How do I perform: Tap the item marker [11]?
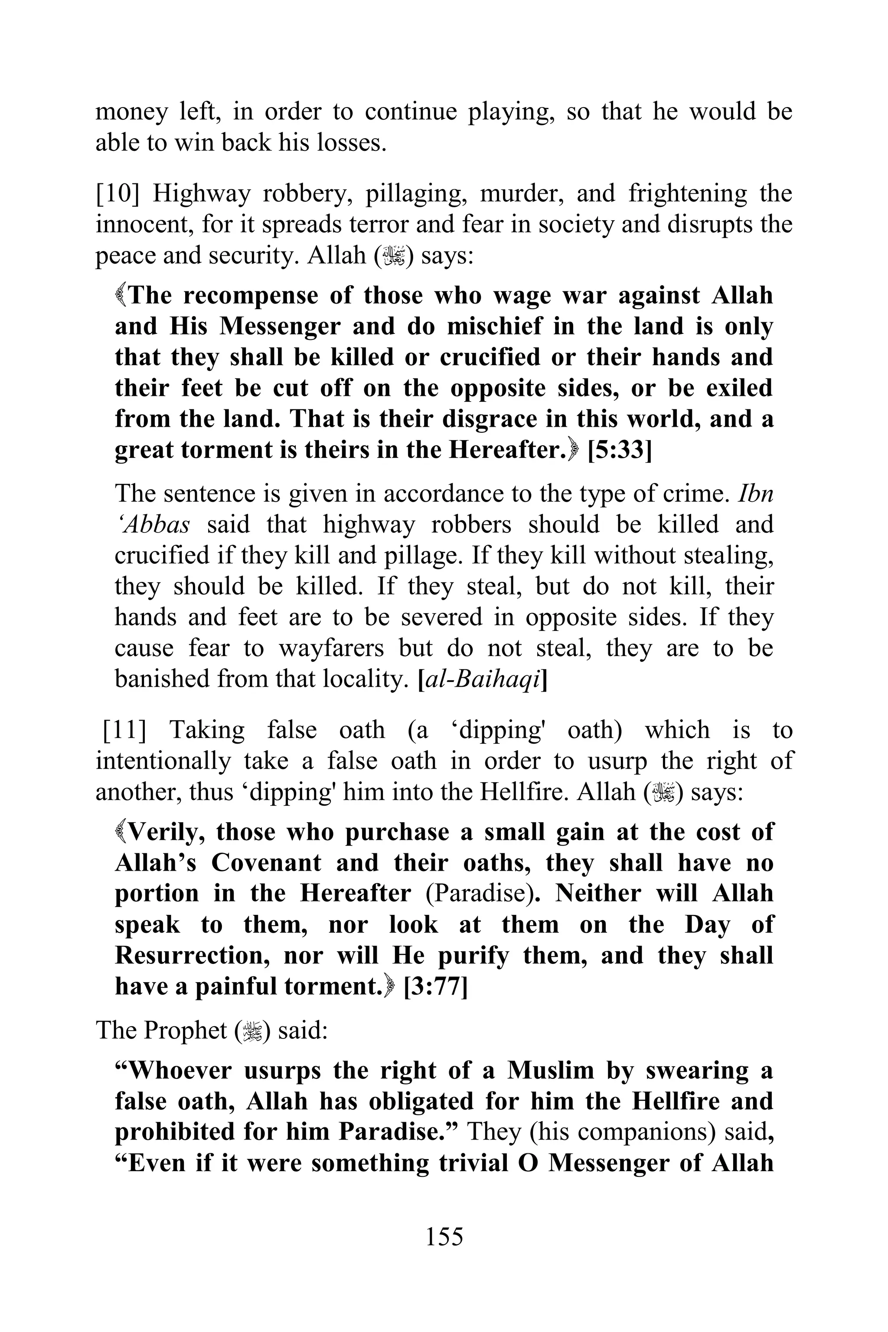(124, 731)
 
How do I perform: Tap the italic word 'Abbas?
(152, 525)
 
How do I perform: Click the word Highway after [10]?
(201, 194)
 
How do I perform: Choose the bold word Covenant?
(267, 863)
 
